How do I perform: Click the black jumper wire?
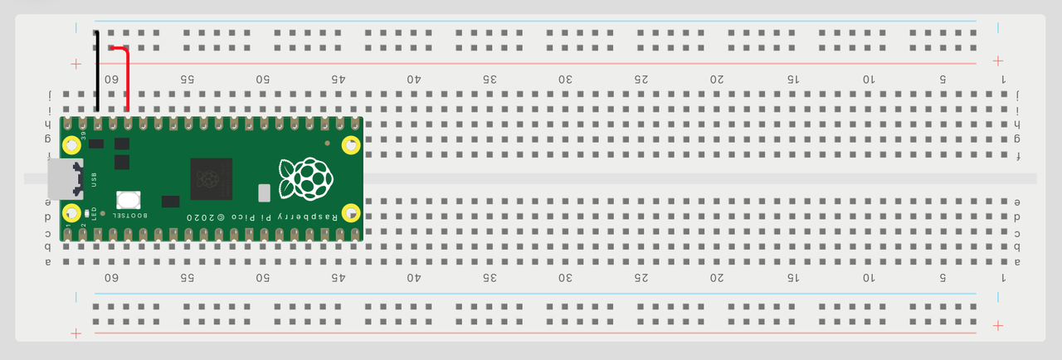(x=96, y=75)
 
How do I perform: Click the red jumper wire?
(x=128, y=79)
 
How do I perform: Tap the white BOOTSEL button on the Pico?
(x=128, y=200)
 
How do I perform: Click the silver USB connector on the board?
(x=64, y=179)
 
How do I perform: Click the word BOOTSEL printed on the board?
(x=130, y=216)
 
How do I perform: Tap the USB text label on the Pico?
(x=93, y=179)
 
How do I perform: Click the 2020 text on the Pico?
(x=204, y=216)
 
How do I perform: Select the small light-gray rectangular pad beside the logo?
(x=265, y=192)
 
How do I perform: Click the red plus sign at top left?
(x=76, y=63)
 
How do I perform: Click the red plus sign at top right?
(x=998, y=61)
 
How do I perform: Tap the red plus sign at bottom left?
(x=76, y=333)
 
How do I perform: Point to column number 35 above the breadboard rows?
(x=490, y=80)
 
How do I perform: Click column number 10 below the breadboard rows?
(x=868, y=277)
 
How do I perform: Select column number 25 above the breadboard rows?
(x=641, y=80)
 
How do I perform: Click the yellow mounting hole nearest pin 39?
(x=73, y=147)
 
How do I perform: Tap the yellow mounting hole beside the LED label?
(x=73, y=212)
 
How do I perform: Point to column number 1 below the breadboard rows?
(x=1003, y=277)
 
